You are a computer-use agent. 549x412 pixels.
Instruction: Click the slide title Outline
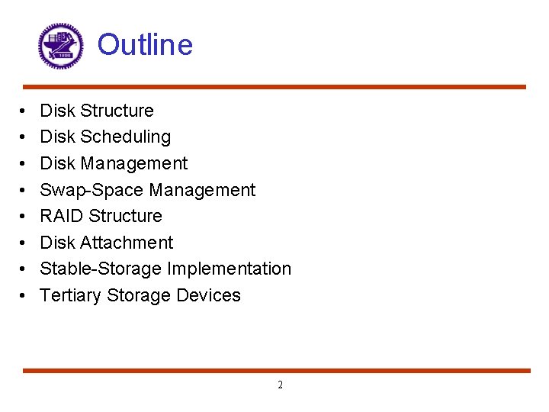[x=145, y=44]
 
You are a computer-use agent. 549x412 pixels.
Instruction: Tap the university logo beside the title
[x=60, y=46]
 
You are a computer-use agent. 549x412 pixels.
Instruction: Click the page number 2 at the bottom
[x=280, y=385]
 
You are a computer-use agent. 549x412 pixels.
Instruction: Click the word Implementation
[x=229, y=269]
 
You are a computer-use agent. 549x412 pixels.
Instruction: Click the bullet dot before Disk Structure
[x=26, y=111]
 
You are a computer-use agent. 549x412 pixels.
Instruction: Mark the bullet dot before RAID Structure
[x=26, y=217]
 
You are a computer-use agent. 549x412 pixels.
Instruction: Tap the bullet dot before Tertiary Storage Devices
[x=26, y=296]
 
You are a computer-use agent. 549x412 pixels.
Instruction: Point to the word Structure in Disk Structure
[x=117, y=111]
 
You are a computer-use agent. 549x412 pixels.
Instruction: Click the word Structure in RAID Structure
[x=126, y=216]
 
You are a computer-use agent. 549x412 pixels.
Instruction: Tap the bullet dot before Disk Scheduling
[x=26, y=137]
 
